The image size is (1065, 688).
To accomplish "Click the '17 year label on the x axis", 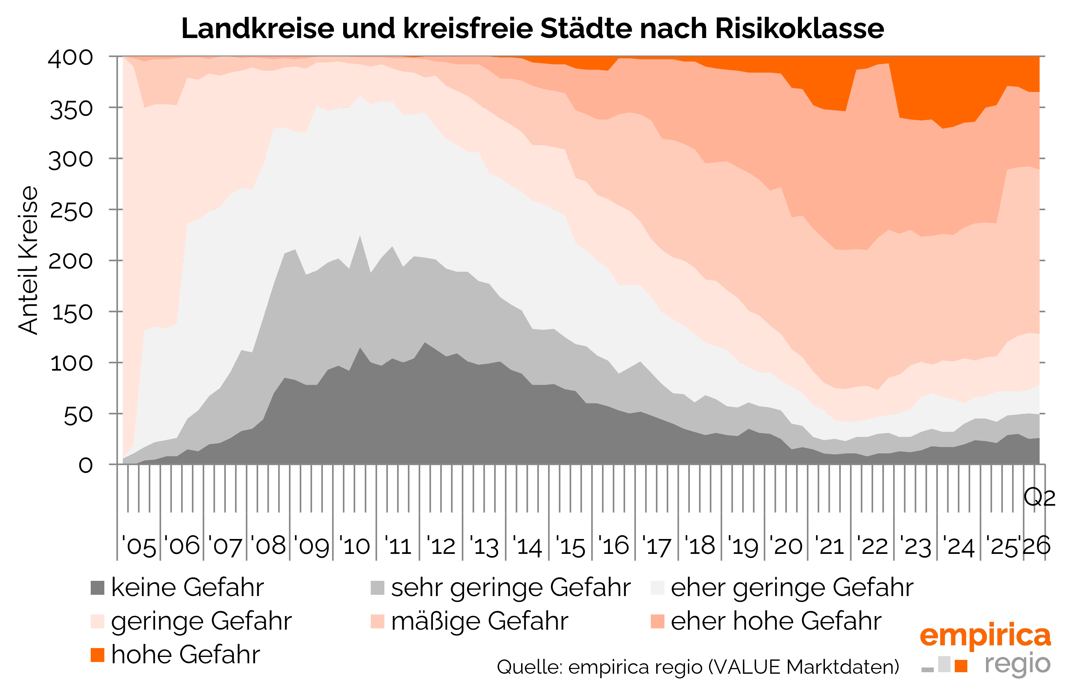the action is point(656,546).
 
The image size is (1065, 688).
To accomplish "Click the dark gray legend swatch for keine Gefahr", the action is point(97,588).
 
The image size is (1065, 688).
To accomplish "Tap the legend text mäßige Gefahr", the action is point(480,621).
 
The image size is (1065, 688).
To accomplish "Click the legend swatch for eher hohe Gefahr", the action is point(657,621).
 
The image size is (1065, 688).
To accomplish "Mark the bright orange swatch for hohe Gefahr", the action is point(97,655).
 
